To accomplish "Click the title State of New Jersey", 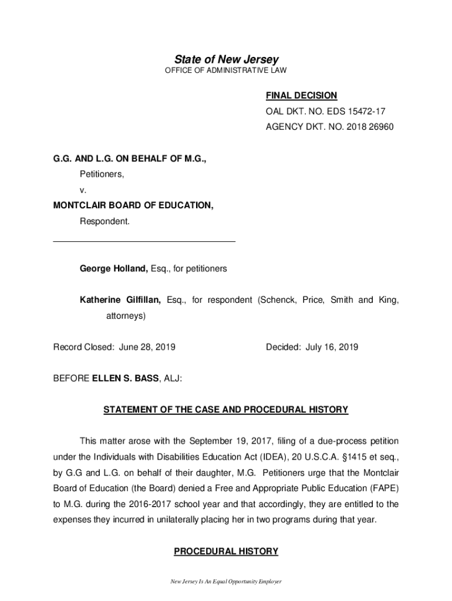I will [x=226, y=59].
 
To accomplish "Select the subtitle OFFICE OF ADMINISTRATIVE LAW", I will [x=226, y=71].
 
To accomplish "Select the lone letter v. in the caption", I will [x=83, y=190].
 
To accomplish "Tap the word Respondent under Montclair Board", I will [x=104, y=221].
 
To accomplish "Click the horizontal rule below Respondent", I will [x=144, y=241].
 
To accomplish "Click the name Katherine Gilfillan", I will [x=120, y=300].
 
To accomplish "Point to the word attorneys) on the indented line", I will [x=125, y=316].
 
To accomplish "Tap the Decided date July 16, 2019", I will [x=332, y=347].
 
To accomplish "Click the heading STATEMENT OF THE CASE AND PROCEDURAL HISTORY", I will [x=226, y=410].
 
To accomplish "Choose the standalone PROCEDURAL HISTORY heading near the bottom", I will [x=226, y=551].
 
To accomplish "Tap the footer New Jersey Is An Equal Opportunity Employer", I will [x=226, y=582].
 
